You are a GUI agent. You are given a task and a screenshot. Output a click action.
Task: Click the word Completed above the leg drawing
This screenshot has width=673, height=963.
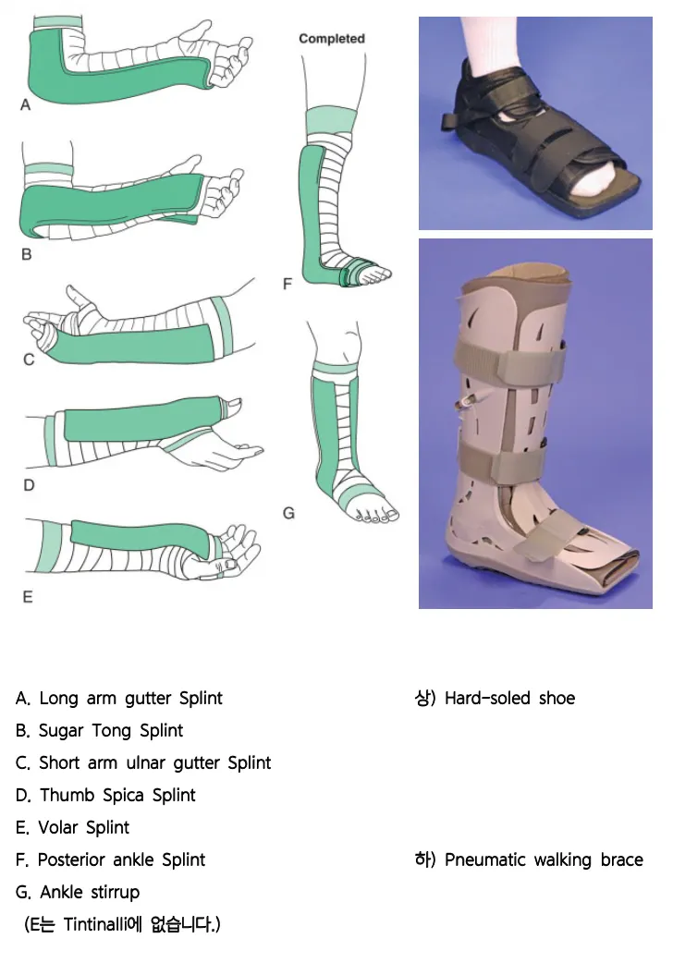[x=332, y=39]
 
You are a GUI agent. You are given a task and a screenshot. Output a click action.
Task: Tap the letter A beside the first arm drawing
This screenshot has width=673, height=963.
[x=26, y=105]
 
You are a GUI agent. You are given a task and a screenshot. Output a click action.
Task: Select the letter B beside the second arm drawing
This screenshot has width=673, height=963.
[x=27, y=254]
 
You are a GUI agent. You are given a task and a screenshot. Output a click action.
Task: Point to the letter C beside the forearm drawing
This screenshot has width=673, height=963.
[x=29, y=360]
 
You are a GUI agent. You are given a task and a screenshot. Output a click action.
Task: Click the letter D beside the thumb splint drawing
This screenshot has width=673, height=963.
[x=28, y=484]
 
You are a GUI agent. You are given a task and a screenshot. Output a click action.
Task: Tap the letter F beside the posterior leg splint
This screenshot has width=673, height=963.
[x=288, y=284]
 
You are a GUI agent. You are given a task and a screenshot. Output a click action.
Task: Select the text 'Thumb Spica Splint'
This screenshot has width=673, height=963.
[x=117, y=795]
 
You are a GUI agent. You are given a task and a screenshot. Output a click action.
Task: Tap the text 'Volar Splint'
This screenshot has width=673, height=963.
[x=83, y=827]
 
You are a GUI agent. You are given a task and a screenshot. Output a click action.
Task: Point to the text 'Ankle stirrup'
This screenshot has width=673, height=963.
[x=90, y=892]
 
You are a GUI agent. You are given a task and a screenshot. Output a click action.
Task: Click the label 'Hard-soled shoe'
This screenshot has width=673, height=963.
[x=509, y=698]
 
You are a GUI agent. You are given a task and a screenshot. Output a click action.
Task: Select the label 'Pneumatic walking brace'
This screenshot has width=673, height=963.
[x=544, y=859]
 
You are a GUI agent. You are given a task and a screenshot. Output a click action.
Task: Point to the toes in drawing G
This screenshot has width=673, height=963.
[x=378, y=515]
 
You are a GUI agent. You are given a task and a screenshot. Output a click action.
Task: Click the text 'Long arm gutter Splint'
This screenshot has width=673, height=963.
[x=130, y=698]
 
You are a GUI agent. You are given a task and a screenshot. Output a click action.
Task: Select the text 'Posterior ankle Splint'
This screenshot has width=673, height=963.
[x=121, y=859]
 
